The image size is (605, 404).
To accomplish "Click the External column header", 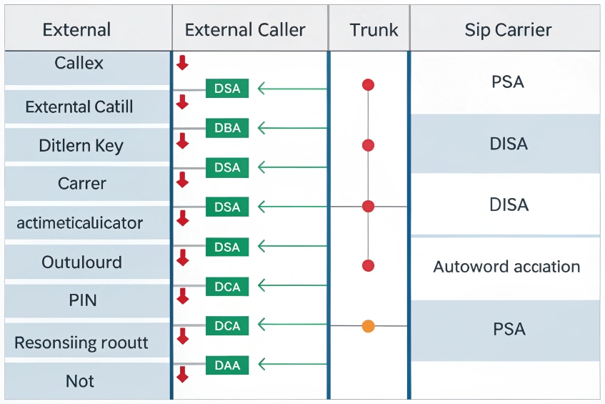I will [x=76, y=30].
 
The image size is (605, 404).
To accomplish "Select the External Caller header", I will [x=245, y=30].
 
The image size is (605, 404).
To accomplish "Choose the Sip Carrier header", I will [x=508, y=30].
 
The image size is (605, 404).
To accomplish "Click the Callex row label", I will [x=79, y=63].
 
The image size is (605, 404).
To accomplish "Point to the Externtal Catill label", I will [x=79, y=107].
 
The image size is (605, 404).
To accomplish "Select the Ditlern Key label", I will [x=81, y=146].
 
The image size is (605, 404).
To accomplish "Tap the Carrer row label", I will [x=82, y=184].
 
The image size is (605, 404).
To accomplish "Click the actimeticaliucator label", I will [x=79, y=223].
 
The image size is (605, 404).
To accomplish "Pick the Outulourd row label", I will [x=81, y=262].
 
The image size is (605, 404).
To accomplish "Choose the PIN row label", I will [x=83, y=300].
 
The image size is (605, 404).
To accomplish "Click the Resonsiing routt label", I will [x=81, y=343].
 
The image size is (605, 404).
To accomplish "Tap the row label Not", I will [x=80, y=381].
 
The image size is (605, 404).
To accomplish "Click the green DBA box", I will [x=227, y=128].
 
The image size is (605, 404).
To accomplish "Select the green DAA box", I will [x=227, y=365].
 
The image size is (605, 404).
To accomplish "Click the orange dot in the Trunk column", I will [x=369, y=326].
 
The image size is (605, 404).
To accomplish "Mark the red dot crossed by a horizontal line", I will [x=369, y=207].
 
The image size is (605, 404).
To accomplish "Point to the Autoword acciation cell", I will [x=506, y=267].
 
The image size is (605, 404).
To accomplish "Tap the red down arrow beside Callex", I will [x=182, y=62].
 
